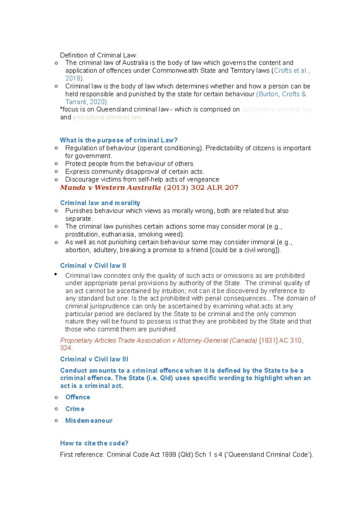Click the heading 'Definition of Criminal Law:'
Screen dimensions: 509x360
(x=98, y=55)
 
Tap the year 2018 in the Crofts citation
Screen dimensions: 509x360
(x=73, y=79)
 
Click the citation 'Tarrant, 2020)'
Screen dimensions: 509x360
(x=86, y=102)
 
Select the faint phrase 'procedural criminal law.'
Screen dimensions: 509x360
(x=107, y=117)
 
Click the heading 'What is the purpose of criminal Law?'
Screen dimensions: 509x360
(x=119, y=140)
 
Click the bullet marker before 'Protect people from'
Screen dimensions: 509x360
(x=56, y=164)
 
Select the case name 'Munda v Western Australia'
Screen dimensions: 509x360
(x=110, y=188)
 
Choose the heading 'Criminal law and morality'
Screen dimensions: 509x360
(x=100, y=203)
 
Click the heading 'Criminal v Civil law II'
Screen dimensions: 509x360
(x=93, y=266)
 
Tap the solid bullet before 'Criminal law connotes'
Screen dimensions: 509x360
(x=56, y=274)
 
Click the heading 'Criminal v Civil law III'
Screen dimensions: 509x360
(x=94, y=359)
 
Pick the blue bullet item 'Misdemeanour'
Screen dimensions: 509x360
(x=89, y=421)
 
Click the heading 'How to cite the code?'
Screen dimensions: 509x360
(x=94, y=443)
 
